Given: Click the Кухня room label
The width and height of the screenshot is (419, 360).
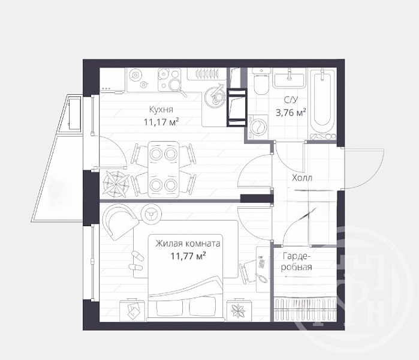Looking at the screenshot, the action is click(x=161, y=110).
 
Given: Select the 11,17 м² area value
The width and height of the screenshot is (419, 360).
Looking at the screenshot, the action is click(x=161, y=122).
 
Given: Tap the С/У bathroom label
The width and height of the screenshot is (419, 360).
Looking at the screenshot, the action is click(x=290, y=100).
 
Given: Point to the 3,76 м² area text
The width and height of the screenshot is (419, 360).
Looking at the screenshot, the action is click(x=291, y=113).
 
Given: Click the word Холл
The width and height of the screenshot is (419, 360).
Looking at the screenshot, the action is click(x=302, y=178).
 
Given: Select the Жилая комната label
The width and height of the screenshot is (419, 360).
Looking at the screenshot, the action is click(x=188, y=244).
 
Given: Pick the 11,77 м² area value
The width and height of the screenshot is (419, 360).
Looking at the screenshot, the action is click(x=188, y=256).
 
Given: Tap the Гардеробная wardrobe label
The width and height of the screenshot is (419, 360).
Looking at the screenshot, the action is click(x=297, y=262).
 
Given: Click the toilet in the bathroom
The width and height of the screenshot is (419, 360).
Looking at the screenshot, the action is click(x=261, y=81).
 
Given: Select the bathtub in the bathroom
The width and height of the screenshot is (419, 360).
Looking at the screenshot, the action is click(x=322, y=104).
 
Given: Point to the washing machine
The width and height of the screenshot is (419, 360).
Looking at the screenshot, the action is click(x=258, y=127).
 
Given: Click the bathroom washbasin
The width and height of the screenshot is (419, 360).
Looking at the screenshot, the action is click(x=288, y=78).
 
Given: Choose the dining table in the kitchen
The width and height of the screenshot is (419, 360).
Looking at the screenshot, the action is click(x=164, y=170).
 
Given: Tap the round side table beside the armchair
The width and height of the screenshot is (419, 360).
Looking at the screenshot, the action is click(x=151, y=212).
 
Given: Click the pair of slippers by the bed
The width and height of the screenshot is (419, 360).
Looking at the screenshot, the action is click(x=136, y=260).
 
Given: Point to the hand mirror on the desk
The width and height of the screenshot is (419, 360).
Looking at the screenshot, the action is click(x=261, y=277).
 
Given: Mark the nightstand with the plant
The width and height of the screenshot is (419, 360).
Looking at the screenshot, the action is click(x=239, y=311).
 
